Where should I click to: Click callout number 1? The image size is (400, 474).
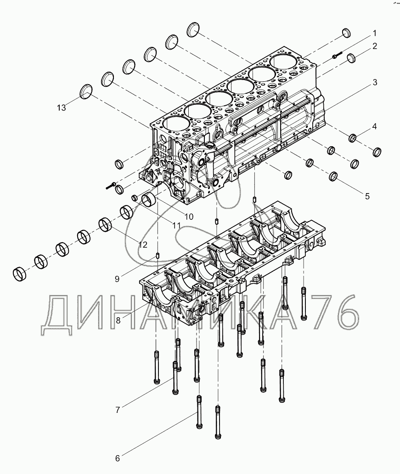(374, 33)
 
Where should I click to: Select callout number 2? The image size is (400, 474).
(375, 46)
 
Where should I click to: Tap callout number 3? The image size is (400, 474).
(375, 83)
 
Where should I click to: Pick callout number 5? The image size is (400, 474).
(367, 196)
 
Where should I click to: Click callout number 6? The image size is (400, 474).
(117, 458)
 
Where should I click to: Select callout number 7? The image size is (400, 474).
(118, 410)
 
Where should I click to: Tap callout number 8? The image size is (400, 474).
(118, 321)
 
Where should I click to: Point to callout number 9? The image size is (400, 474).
(118, 278)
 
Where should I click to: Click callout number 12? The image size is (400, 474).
(143, 245)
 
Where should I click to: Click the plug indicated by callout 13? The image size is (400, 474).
(86, 91)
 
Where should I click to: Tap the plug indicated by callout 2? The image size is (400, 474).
(351, 58)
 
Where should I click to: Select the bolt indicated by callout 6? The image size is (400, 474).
(199, 411)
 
